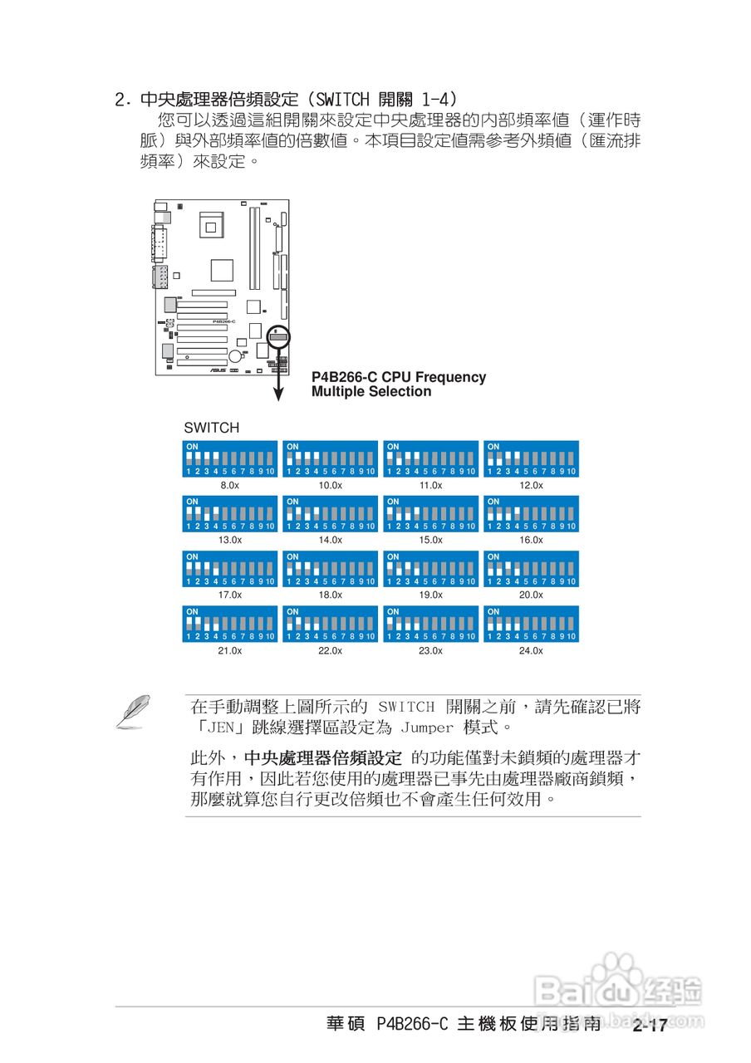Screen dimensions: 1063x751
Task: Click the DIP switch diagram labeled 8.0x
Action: click(229, 458)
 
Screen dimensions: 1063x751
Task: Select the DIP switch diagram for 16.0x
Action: click(531, 514)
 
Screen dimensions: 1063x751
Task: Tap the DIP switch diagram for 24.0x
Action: click(531, 624)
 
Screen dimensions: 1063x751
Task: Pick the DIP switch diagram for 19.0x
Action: click(430, 569)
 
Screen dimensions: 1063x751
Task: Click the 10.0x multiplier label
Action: click(330, 485)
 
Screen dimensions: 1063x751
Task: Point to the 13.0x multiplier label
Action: click(229, 540)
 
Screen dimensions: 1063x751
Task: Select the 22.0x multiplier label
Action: click(330, 650)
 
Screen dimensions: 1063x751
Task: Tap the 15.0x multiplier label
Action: click(430, 540)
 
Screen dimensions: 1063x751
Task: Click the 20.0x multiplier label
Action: click(531, 595)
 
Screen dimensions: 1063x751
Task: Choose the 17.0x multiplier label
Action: click(229, 595)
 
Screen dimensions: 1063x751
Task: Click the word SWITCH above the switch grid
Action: click(211, 429)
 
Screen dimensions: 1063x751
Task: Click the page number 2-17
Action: click(649, 1026)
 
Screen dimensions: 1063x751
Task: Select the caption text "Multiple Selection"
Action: click(371, 392)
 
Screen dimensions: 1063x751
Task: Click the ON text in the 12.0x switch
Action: click(493, 447)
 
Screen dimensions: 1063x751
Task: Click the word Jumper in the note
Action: click(427, 728)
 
